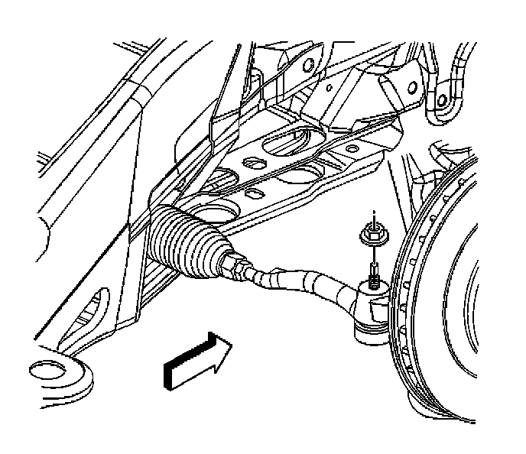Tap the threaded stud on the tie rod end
pyautogui.click(x=372, y=272)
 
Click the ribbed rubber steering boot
pyautogui.click(x=183, y=239)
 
